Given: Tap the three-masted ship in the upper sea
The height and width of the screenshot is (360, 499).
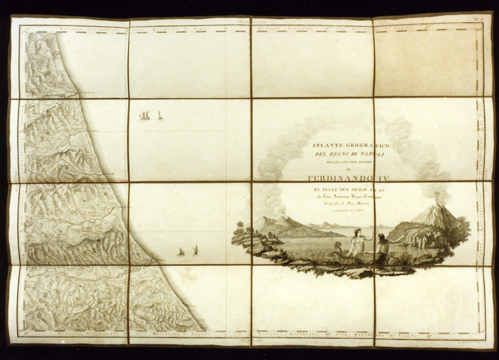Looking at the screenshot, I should [x=145, y=115].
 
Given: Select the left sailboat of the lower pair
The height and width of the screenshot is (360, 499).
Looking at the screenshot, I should [x=181, y=252].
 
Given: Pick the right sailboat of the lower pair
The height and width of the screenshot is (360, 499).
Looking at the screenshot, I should [x=195, y=250].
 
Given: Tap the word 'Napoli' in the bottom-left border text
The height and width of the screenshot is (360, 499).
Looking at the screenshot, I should [x=199, y=334].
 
